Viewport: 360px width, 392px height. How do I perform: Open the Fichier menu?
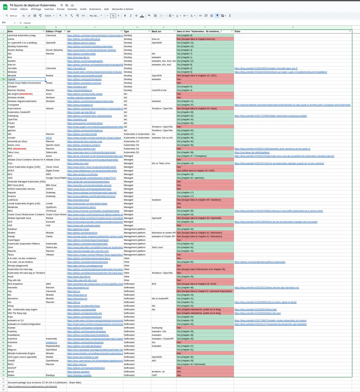(14, 9)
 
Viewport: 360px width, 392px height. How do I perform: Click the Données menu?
(72, 9)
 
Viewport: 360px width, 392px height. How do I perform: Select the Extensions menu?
(95, 9)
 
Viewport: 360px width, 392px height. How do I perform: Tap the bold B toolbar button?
(125, 16)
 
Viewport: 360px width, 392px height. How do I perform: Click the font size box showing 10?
(113, 16)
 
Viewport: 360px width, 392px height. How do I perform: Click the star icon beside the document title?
(62, 5)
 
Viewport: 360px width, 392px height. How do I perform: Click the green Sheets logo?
(5, 7)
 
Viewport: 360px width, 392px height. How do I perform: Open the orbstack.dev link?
(77, 86)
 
